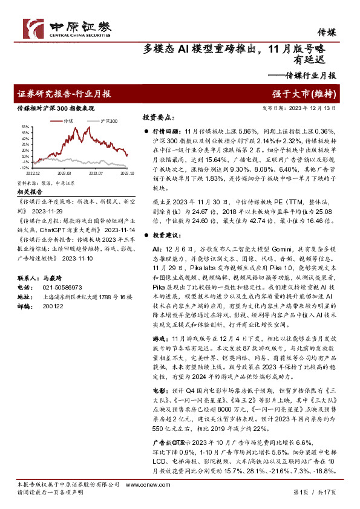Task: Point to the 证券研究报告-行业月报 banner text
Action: pyautogui.click(x=64, y=94)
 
